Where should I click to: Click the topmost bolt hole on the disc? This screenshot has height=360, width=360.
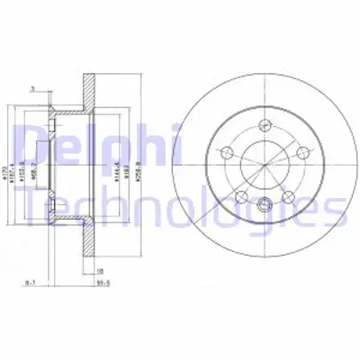[265, 125]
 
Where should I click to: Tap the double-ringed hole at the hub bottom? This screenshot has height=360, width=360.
[265, 206]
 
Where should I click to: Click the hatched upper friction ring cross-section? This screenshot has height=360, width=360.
[87, 85]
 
